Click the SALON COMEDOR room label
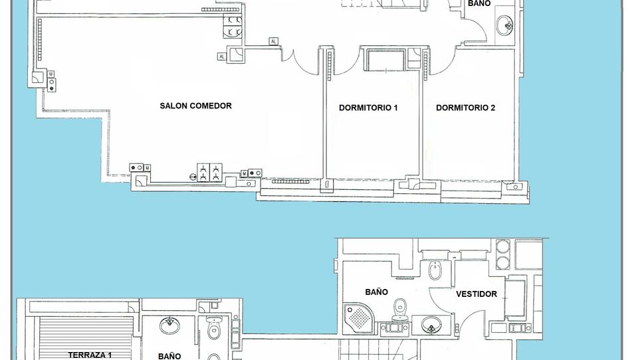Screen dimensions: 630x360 click(x=195, y=106)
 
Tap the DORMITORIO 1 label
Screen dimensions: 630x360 click(x=368, y=108)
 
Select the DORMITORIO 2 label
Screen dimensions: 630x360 click(x=465, y=108)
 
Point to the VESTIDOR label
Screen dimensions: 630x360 click(x=476, y=294)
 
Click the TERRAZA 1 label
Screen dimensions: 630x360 click(x=90, y=355)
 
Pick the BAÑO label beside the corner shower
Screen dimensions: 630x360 click(x=377, y=292)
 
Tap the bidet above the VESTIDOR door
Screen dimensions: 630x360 click(x=435, y=270)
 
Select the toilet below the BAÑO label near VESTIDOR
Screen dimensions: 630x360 click(x=400, y=309)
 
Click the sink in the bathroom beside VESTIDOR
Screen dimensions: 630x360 click(x=431, y=325)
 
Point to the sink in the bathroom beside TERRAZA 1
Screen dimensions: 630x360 click(x=169, y=325)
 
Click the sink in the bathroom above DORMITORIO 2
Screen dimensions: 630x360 click(x=504, y=25)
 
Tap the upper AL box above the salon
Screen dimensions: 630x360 click(x=274, y=41)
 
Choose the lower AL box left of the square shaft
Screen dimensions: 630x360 click(x=221, y=56)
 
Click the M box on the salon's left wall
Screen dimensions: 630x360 click(x=51, y=74)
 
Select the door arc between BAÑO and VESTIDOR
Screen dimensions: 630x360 click(x=441, y=298)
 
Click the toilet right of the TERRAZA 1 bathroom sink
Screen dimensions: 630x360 click(x=214, y=328)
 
